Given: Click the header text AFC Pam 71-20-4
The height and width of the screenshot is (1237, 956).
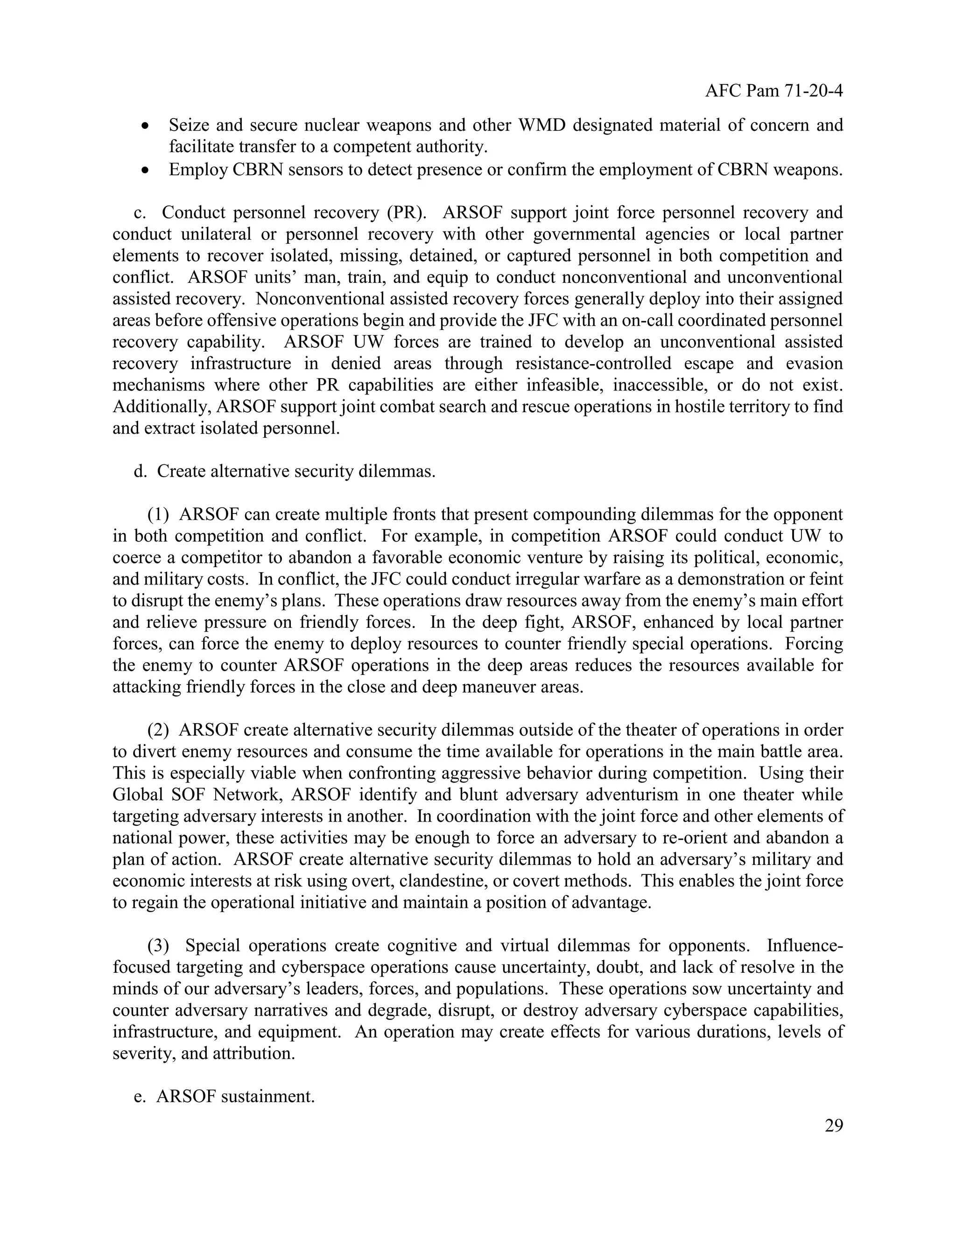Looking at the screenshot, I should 773,91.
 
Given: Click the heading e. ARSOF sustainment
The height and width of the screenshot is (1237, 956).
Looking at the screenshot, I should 224,1096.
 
